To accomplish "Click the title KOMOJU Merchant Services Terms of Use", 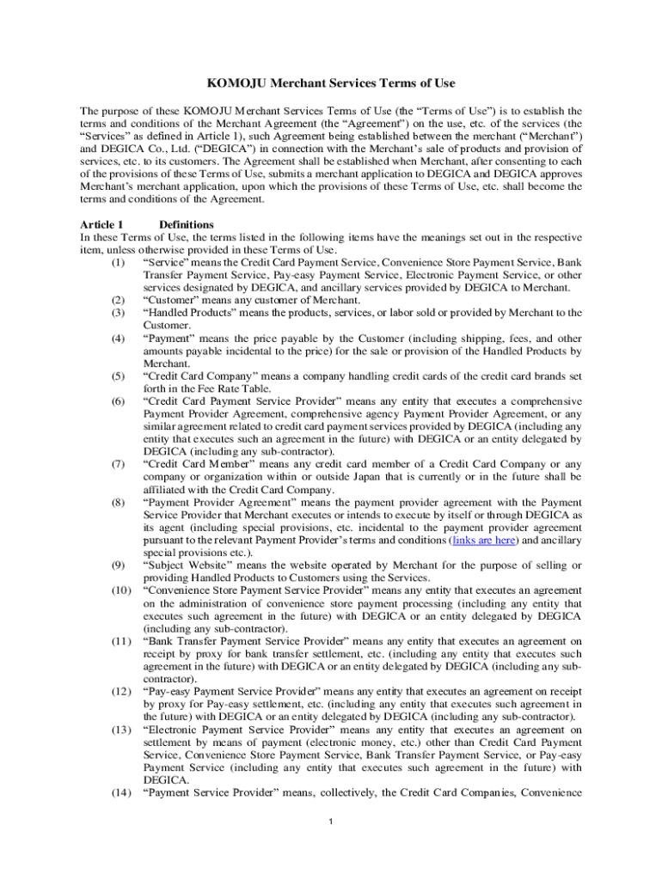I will [x=331, y=83].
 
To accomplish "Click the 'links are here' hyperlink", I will [x=486, y=541].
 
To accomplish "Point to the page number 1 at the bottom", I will [x=331, y=821].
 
